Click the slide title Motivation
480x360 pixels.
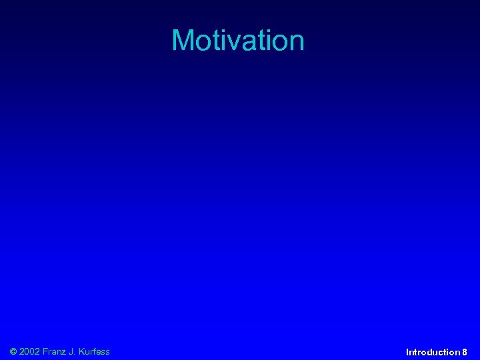click(x=238, y=40)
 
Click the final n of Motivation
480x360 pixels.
click(x=296, y=43)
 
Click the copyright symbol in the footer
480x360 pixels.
click(x=14, y=351)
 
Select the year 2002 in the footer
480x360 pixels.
click(x=30, y=351)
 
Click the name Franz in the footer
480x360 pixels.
click(x=56, y=351)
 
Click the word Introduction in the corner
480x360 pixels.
click(x=433, y=352)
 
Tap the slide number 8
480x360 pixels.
click(x=465, y=352)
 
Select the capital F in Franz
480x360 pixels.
click(x=45, y=351)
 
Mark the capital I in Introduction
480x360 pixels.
click(x=407, y=352)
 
